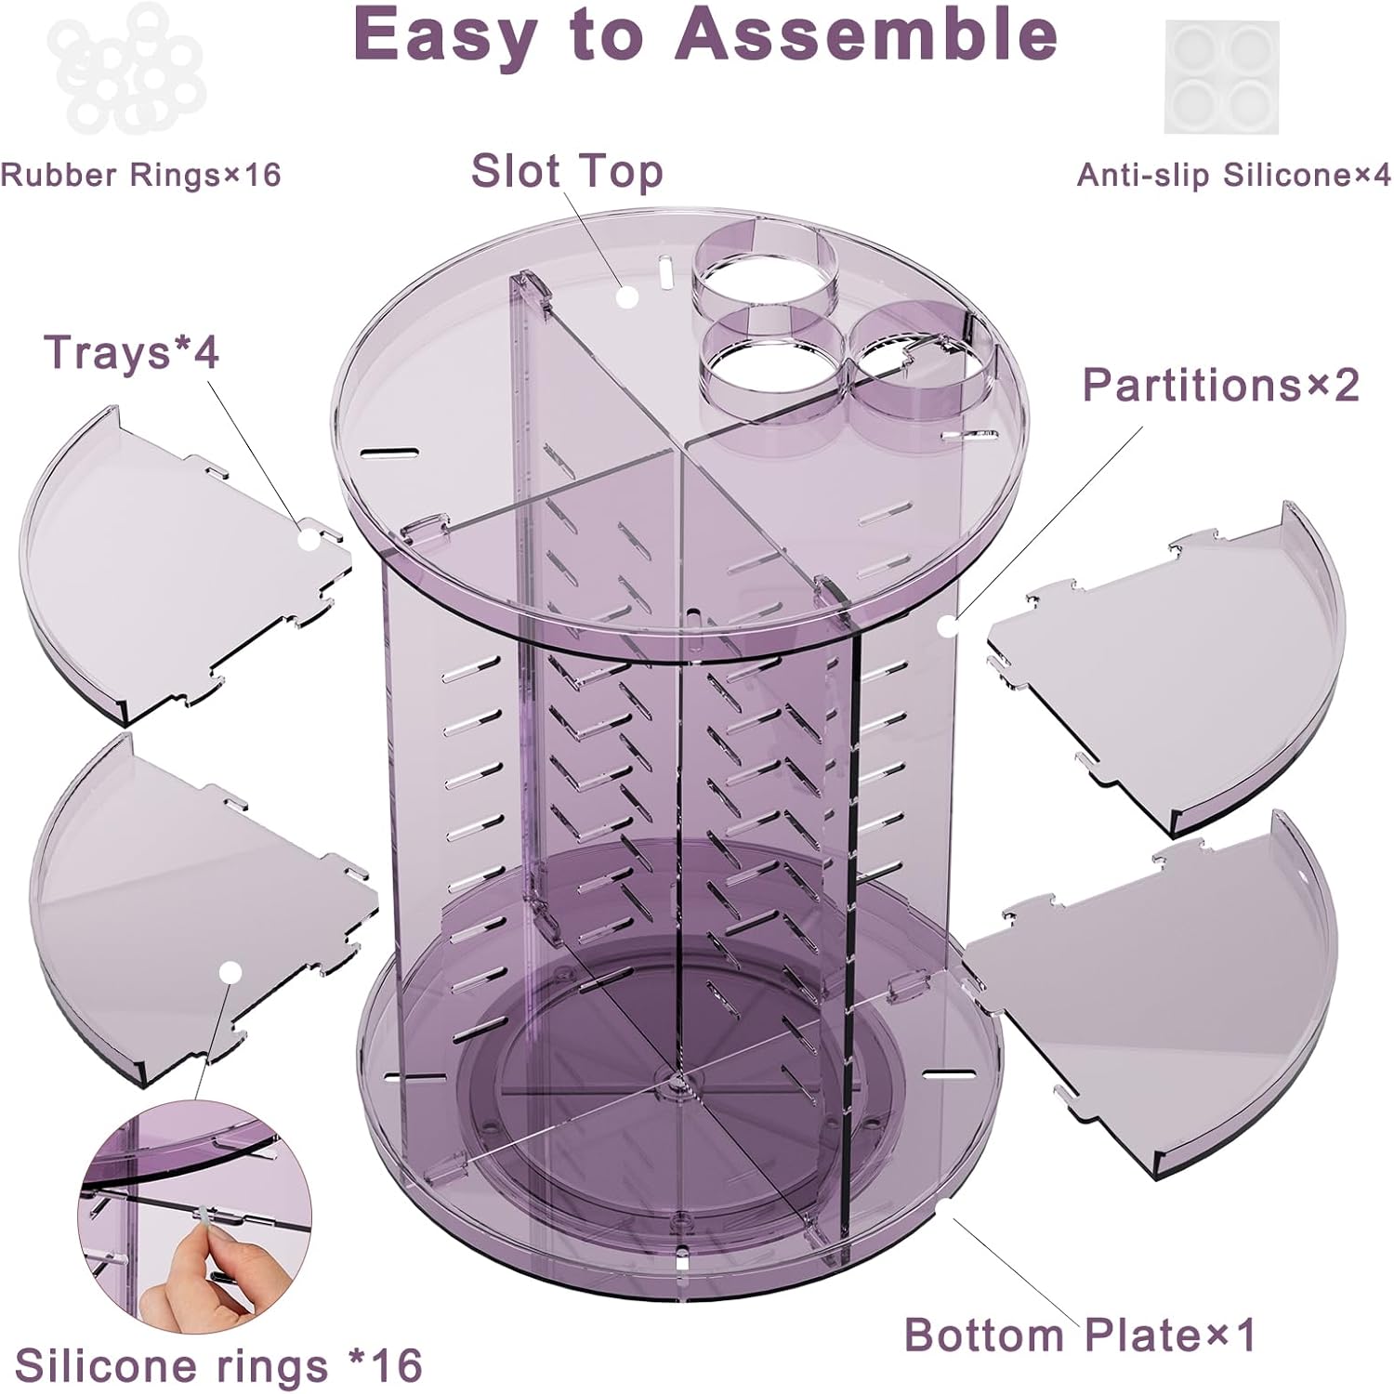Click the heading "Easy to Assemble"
coord(704,35)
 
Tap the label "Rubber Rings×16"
coord(140,175)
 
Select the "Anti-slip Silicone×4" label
coord(1234,175)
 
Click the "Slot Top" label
coord(567,172)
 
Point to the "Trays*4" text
coord(131,352)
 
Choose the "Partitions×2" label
coord(1220,385)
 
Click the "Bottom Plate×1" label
coord(1080,1335)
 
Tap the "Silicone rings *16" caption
coord(218,1365)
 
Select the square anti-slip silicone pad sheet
coord(1221,76)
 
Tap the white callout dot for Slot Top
coord(629,297)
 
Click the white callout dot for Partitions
coord(947,626)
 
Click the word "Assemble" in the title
coord(866,35)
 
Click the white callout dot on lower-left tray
coord(231,972)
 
